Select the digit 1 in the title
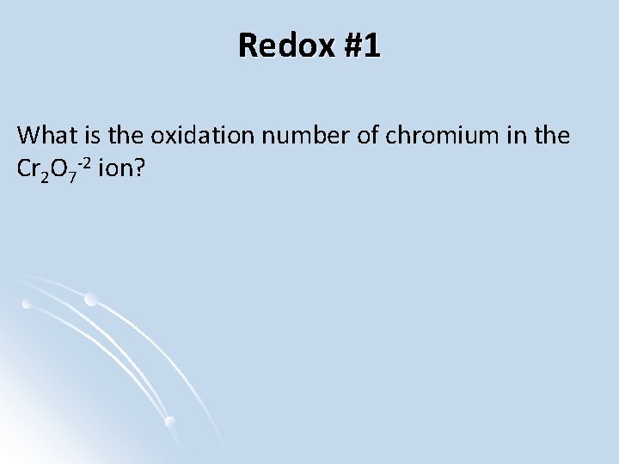pos(371,46)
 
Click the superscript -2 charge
pos(86,162)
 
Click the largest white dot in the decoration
pos(91,299)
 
